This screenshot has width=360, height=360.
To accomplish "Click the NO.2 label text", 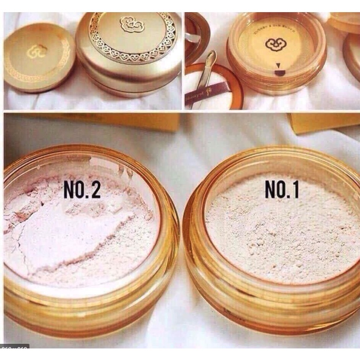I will [x=82, y=190].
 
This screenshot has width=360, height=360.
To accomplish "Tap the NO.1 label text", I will [x=282, y=190].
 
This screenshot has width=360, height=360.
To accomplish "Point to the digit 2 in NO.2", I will [x=95, y=190].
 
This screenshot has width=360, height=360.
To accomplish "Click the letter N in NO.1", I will [x=270, y=190].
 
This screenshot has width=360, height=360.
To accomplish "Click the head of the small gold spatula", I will [x=211, y=58].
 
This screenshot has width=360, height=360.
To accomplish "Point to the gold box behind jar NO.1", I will [x=323, y=121].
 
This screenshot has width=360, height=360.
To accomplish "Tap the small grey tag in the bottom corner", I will [x=14, y=347].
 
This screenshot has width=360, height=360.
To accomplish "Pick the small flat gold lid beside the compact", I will [x=38, y=58].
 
